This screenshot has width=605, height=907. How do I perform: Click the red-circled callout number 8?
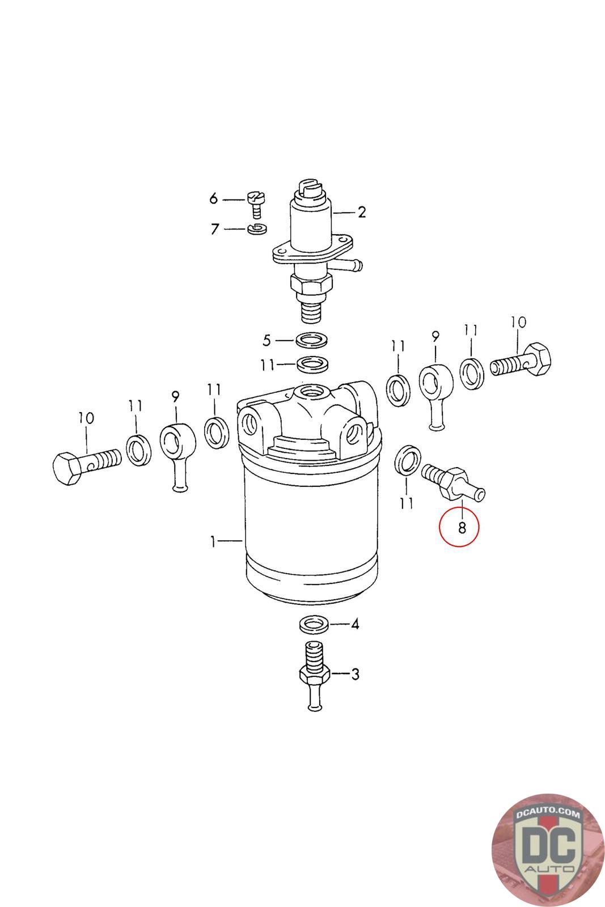tap(462, 528)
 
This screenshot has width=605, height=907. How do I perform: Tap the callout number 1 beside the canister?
tap(213, 542)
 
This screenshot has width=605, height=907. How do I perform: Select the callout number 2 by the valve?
tap(361, 213)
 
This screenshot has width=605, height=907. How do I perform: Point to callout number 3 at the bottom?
tap(355, 675)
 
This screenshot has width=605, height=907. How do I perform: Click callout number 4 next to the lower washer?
tap(355, 625)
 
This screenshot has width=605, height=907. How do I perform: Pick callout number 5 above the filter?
tap(267, 341)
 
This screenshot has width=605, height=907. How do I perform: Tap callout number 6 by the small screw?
tap(214, 198)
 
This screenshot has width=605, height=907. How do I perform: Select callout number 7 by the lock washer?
tap(214, 230)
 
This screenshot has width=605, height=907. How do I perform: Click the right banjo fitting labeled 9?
tap(435, 391)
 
